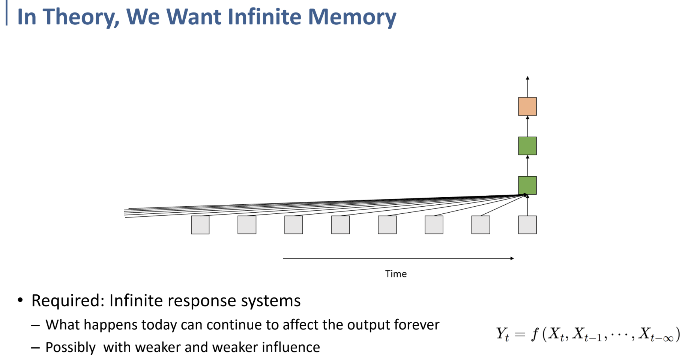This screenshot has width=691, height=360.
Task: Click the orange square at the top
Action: (527, 106)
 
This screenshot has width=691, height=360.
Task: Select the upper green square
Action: (527, 146)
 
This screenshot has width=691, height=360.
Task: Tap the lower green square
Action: (527, 185)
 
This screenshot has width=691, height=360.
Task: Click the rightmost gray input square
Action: (527, 225)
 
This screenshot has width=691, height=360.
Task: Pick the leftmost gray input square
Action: (200, 225)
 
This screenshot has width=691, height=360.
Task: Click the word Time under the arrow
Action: (396, 274)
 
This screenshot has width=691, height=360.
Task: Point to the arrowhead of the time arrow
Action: (512, 258)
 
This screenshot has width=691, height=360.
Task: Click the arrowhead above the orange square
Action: (527, 78)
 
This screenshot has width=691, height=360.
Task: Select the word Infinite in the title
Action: (264, 17)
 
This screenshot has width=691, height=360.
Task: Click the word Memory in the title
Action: (352, 17)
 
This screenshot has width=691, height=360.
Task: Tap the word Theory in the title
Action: (81, 17)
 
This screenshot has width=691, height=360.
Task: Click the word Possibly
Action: (71, 348)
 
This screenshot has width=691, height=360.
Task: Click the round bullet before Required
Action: (20, 300)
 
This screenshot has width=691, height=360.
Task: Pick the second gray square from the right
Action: (481, 225)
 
